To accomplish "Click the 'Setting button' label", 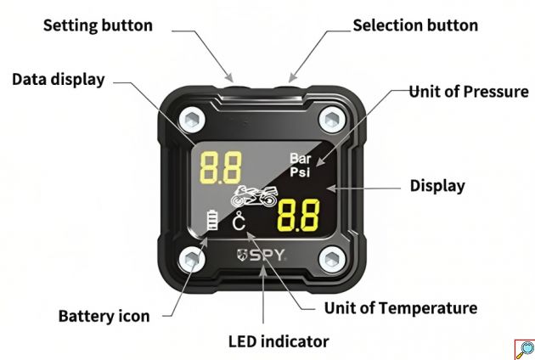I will click(98, 25).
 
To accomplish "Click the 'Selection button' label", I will click(415, 25).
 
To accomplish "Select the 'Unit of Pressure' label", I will click(468, 91).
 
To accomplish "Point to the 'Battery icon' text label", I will click(104, 316).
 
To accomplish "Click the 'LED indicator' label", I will click(279, 341).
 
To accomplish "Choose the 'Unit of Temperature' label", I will click(401, 307).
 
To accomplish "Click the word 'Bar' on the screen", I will click(301, 158).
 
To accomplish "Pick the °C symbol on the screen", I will click(239, 223).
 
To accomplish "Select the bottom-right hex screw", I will click(331, 260).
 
